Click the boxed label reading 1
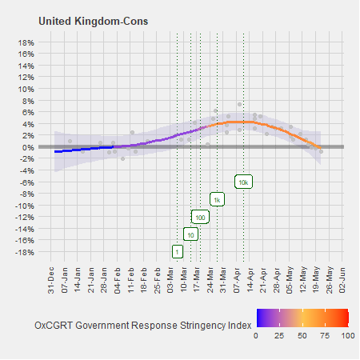point(177,251)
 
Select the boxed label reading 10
point(190,234)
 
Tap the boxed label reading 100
point(200,217)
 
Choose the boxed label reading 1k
point(217,199)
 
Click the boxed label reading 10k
point(244,182)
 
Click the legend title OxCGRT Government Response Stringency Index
point(144,325)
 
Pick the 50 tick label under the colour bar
point(302,337)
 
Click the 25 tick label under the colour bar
point(279,337)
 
